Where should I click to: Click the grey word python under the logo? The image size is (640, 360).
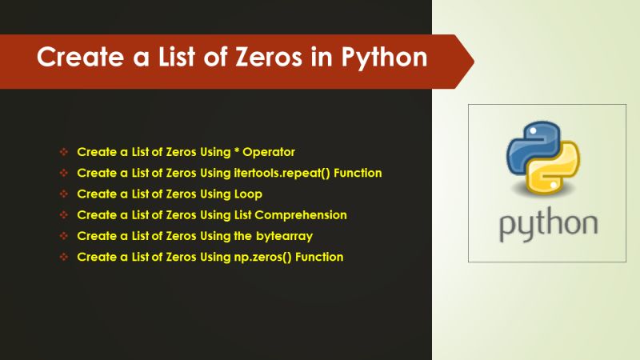point(548,225)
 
